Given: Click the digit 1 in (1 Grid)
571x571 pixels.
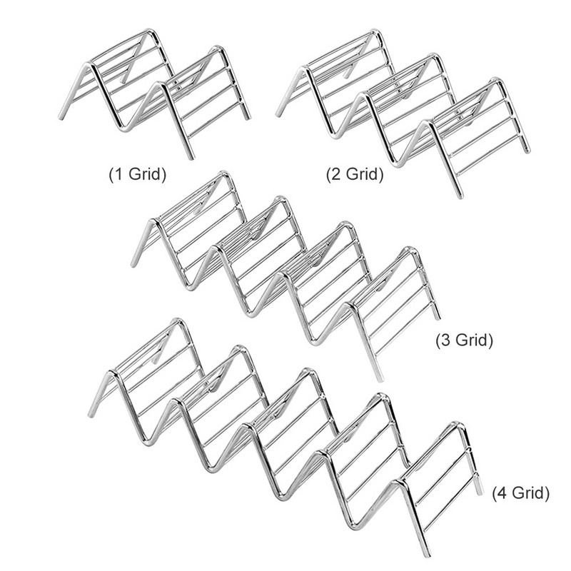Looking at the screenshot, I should (x=118, y=174).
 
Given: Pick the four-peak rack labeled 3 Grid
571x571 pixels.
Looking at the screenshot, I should (x=285, y=271).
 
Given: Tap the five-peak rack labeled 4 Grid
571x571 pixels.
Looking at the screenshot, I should (x=285, y=428).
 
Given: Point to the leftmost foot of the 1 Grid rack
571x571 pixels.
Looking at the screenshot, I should (x=61, y=116).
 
